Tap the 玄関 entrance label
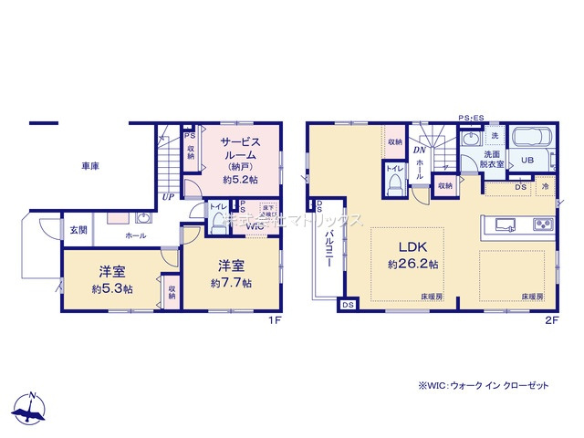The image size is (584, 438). (78, 228)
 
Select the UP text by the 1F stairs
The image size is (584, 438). (169, 196)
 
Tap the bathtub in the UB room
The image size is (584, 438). (529, 141)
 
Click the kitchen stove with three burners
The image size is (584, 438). (543, 224)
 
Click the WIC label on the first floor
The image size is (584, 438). (251, 225)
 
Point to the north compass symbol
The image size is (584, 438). (32, 409)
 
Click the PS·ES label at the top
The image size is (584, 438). (472, 118)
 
